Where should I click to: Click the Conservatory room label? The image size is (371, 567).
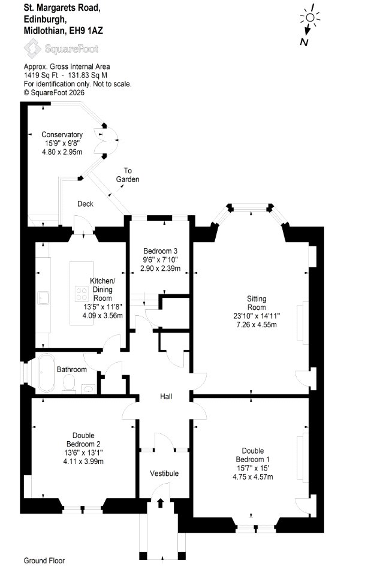coord(62,134)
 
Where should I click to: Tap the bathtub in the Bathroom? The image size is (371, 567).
coord(46,373)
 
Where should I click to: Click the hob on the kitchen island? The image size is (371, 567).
coord(82,294)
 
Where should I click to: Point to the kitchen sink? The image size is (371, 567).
coord(43,298)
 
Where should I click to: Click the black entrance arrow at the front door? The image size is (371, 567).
coord(160,503)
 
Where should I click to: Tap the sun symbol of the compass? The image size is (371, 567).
coord(310,18)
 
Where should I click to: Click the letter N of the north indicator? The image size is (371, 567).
coord(304,42)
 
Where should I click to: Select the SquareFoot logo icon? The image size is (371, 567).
coord(32,49)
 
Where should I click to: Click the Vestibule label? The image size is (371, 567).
coord(164,473)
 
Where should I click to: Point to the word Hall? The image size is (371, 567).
coord(166,397)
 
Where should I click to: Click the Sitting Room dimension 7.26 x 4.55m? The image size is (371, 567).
coord(257,325)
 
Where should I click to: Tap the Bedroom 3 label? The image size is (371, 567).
coord(160,251)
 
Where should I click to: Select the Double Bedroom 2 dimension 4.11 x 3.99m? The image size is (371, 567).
coord(83,462)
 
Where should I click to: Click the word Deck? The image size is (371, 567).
coord(85,204)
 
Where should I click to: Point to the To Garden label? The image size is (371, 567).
coord(128,175)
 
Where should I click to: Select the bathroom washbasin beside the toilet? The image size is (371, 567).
coord(88,389)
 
